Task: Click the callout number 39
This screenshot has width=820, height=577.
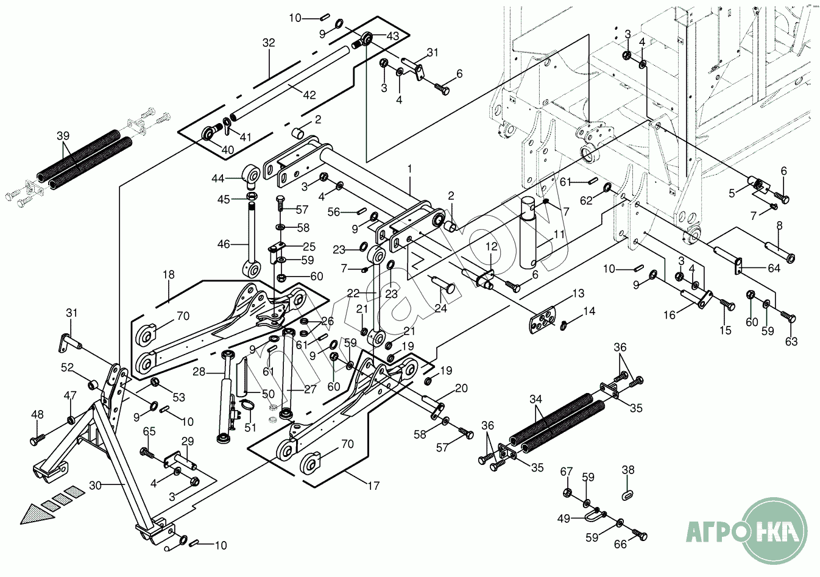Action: point(63,135)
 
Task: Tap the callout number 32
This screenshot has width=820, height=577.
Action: point(269,43)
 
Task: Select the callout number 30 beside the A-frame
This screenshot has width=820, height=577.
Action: point(95,486)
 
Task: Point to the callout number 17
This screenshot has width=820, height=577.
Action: point(373,486)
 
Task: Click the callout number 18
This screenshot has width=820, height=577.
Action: point(168,275)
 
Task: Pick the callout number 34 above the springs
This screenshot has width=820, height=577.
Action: point(535,399)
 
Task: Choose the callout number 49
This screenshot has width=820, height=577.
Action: point(564,519)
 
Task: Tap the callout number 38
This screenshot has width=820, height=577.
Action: point(628,470)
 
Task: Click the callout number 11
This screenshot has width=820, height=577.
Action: point(559,235)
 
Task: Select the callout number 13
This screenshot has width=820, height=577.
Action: point(578,293)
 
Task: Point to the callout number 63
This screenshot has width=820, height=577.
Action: point(791,342)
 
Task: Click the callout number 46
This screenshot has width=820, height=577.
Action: point(224,244)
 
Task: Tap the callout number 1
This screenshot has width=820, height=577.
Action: point(409,168)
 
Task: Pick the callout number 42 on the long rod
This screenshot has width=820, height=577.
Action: point(309,94)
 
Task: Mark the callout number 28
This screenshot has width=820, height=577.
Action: point(199,372)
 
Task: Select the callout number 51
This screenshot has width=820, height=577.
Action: point(250,427)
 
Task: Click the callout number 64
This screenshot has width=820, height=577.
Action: point(774,268)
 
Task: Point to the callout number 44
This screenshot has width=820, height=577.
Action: point(217,178)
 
